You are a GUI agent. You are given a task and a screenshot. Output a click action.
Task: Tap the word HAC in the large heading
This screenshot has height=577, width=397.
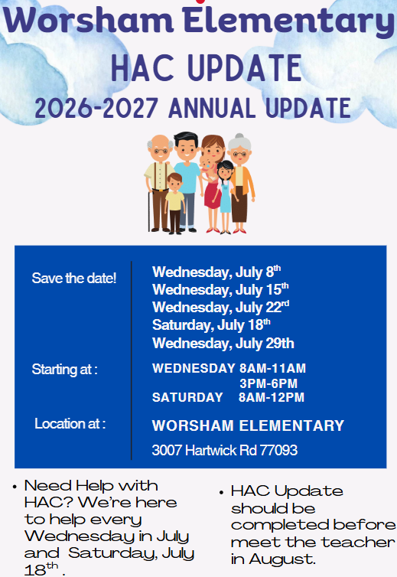(142, 67)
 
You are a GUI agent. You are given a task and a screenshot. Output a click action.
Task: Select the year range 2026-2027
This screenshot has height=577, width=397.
(96, 108)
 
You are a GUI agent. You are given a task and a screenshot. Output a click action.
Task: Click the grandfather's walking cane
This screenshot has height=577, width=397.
(149, 210)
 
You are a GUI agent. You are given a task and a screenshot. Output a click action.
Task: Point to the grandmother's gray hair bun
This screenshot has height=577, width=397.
(239, 137)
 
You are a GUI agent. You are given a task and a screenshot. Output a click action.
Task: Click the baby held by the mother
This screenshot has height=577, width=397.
(207, 168)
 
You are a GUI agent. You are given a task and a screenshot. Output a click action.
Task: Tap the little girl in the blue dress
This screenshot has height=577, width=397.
(225, 197)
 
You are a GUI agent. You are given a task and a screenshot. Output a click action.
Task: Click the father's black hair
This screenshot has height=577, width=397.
(186, 139)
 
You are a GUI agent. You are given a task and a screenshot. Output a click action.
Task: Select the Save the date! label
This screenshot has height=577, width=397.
(74, 279)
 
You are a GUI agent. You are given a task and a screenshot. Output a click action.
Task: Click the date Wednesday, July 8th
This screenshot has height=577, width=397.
(216, 272)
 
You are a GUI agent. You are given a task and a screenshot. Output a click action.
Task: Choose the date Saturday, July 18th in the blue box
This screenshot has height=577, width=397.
(211, 325)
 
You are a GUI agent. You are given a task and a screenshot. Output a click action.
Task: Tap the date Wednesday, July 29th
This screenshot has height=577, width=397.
(223, 344)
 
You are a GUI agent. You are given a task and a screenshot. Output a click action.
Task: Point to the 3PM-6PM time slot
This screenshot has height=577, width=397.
(268, 384)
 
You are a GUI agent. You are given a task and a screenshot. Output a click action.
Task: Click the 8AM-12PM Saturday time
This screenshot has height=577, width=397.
(272, 397)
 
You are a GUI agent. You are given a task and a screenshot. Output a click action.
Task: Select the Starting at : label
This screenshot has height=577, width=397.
(65, 369)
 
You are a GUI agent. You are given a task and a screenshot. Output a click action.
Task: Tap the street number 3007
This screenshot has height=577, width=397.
(167, 450)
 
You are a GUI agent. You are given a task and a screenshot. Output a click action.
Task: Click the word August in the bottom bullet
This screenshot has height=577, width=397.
(281, 559)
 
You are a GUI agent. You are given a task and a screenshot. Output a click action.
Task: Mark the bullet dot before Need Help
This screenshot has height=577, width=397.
(15, 487)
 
